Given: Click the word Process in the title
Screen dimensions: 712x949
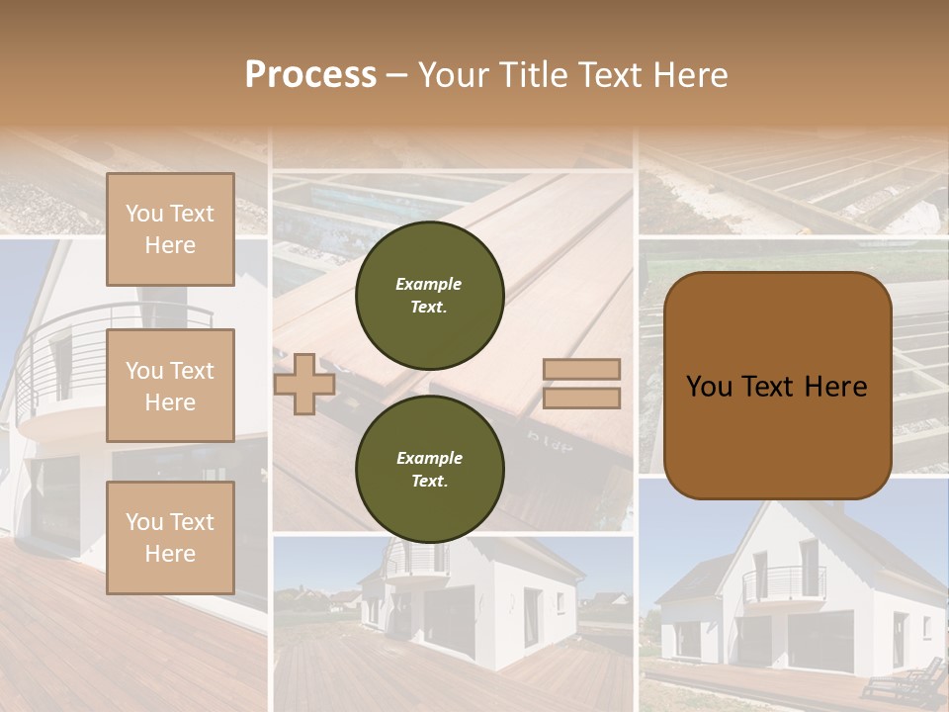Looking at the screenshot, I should (x=310, y=75).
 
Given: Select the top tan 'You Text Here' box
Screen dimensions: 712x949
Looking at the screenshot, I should (x=170, y=229).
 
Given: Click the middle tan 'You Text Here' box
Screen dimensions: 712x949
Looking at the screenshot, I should (x=170, y=386).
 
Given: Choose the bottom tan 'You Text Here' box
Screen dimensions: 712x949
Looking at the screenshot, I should (x=170, y=537).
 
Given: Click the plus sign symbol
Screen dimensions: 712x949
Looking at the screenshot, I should (x=304, y=386).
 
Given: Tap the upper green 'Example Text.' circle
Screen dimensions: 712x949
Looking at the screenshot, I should (x=430, y=296).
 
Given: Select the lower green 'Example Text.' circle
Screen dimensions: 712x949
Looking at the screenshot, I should (x=430, y=470).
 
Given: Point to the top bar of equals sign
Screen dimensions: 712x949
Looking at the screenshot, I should (x=581, y=370).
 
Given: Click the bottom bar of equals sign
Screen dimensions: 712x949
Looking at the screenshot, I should (x=581, y=399).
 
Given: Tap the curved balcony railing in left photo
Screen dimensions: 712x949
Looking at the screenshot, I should (x=59, y=346).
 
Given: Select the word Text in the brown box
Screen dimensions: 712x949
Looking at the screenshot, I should (x=777, y=387).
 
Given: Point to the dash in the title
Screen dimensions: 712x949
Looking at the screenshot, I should (x=396, y=76).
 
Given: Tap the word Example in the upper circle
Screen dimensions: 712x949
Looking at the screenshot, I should (x=429, y=284).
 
